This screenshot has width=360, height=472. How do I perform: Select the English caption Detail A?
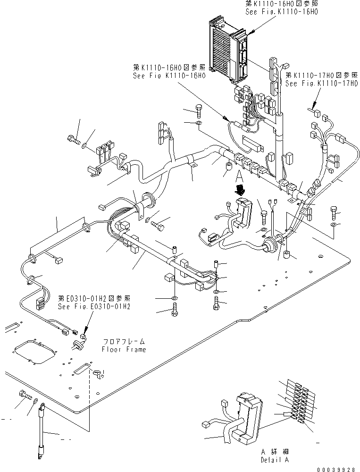[x=275, y=460]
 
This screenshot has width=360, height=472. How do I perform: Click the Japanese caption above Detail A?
[x=275, y=452]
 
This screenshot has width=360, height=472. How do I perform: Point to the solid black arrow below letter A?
[x=241, y=190]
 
